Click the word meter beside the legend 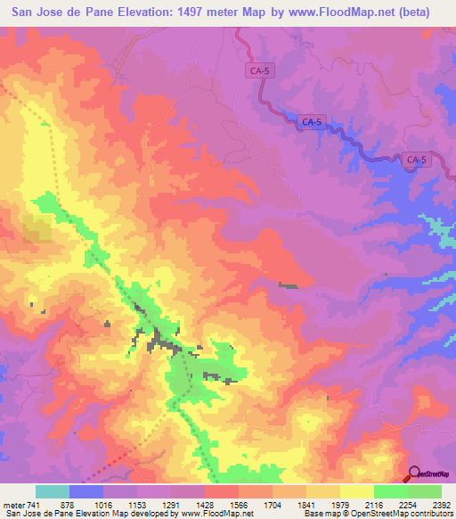10,504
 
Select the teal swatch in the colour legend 52,491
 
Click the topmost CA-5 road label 258,68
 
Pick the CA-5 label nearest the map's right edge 416,161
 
